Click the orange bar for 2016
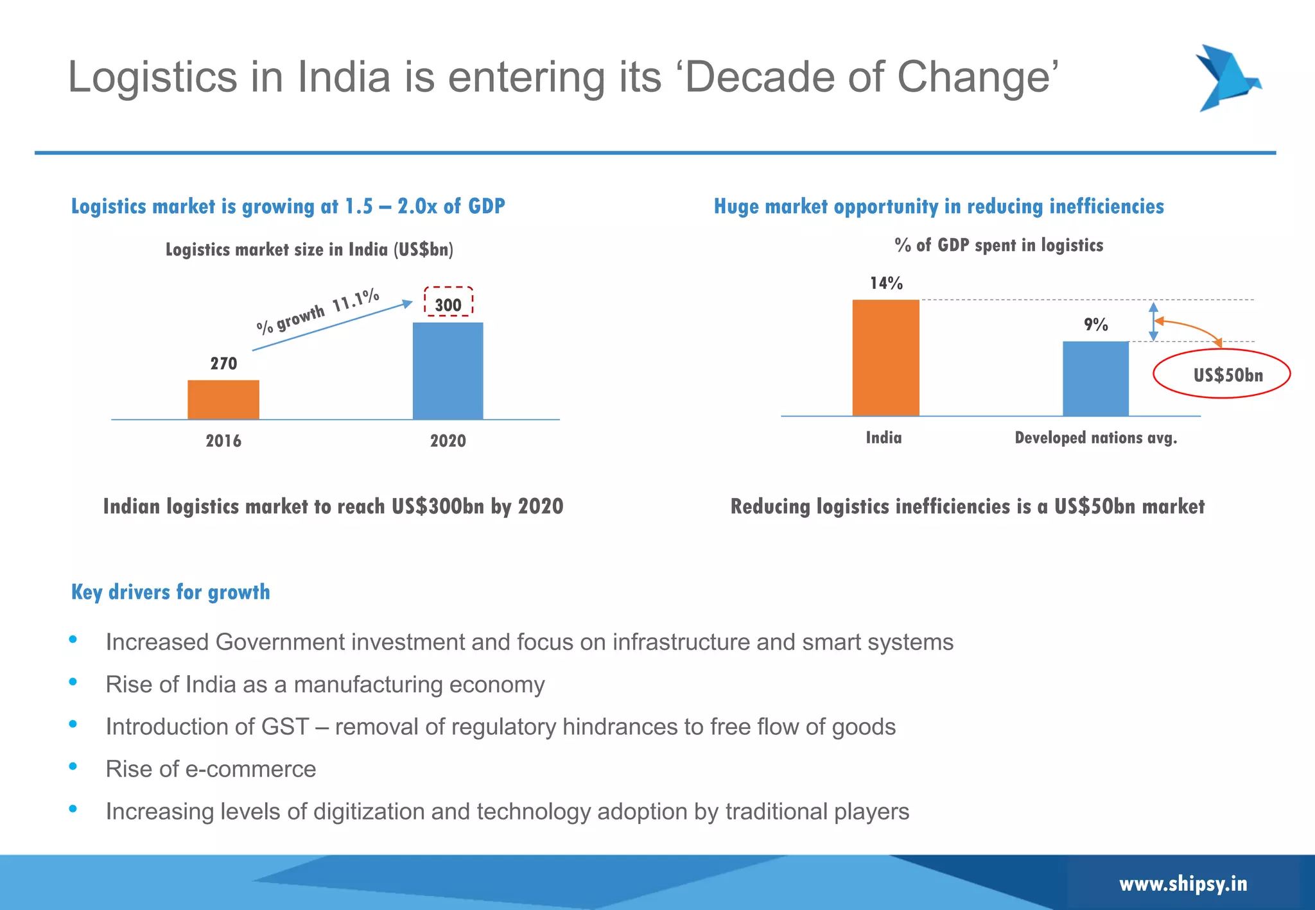coord(223,399)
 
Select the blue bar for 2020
coord(448,371)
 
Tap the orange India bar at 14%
coord(885,357)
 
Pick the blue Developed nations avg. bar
coord(1095,379)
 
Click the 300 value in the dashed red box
coord(448,305)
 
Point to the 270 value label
coord(223,364)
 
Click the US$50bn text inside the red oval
coord(1228,375)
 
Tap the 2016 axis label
coord(223,441)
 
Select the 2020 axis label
coord(448,441)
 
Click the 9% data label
coord(1096,325)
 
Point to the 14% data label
coord(886,283)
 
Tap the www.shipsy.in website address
coord(1183,884)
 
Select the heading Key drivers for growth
coord(170,592)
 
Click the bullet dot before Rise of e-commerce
coord(73,766)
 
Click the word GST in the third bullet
coord(285,727)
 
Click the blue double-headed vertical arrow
coord(1153,321)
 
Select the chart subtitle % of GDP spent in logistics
coord(998,245)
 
